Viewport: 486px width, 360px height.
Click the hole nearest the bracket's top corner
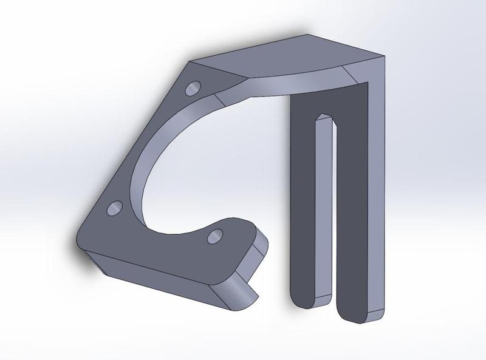pyautogui.click(x=194, y=89)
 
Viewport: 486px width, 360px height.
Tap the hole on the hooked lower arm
pyautogui.click(x=214, y=237)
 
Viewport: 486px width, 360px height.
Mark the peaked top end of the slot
pyautogui.click(x=323, y=114)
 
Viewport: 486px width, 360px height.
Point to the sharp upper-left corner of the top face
pyautogui.click(x=193, y=61)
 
